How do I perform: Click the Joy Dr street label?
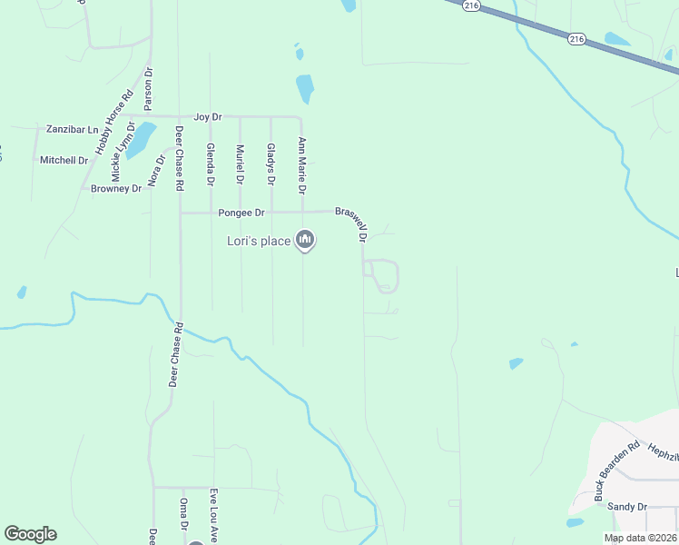208,117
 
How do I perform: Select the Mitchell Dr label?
64,160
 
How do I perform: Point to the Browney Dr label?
116,189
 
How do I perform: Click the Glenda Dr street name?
210,164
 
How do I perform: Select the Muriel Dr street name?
241,164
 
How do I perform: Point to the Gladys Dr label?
271,164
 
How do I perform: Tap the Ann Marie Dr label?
302,165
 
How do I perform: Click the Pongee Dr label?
241,213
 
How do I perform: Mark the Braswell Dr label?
351,223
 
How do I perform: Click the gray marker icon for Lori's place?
305,241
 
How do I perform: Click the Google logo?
30,534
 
